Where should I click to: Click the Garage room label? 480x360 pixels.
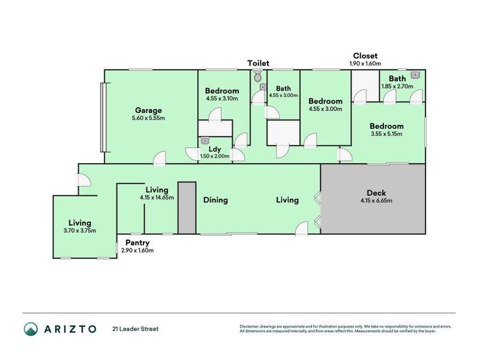[x=148, y=110]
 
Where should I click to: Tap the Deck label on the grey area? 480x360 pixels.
[x=376, y=193]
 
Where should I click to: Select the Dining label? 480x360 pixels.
[x=215, y=200]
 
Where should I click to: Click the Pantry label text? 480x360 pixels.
[x=137, y=243]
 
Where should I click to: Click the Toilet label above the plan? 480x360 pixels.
[x=258, y=63]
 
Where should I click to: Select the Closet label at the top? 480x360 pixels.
[x=365, y=56]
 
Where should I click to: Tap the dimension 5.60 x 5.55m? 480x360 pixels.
[x=148, y=118]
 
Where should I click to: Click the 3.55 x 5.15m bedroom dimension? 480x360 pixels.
[x=386, y=134]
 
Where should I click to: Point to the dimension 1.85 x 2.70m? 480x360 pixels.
[x=397, y=86]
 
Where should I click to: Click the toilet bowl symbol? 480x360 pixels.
[x=257, y=76]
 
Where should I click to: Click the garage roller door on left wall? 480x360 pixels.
[x=102, y=117]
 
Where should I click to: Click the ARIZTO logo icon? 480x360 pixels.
[x=31, y=329]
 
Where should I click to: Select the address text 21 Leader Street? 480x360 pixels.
[x=135, y=329]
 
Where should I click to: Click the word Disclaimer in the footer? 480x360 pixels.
[x=251, y=326]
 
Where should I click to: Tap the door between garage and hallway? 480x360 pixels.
[x=159, y=158]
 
